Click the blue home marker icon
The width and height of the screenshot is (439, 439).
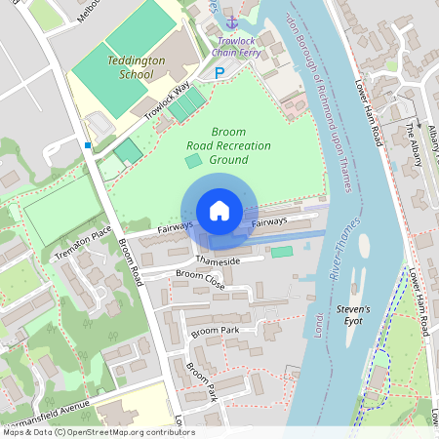click(x=219, y=211)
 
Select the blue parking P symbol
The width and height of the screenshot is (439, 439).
click(x=219, y=73)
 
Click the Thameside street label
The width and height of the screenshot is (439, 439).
click(x=218, y=260)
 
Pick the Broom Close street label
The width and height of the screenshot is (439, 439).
click(x=200, y=280)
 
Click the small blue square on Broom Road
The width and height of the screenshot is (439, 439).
click(x=88, y=145)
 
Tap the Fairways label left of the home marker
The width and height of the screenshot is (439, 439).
click(x=176, y=226)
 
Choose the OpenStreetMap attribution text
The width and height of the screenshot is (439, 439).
click(x=98, y=432)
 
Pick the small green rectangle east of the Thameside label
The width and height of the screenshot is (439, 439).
click(x=281, y=252)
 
